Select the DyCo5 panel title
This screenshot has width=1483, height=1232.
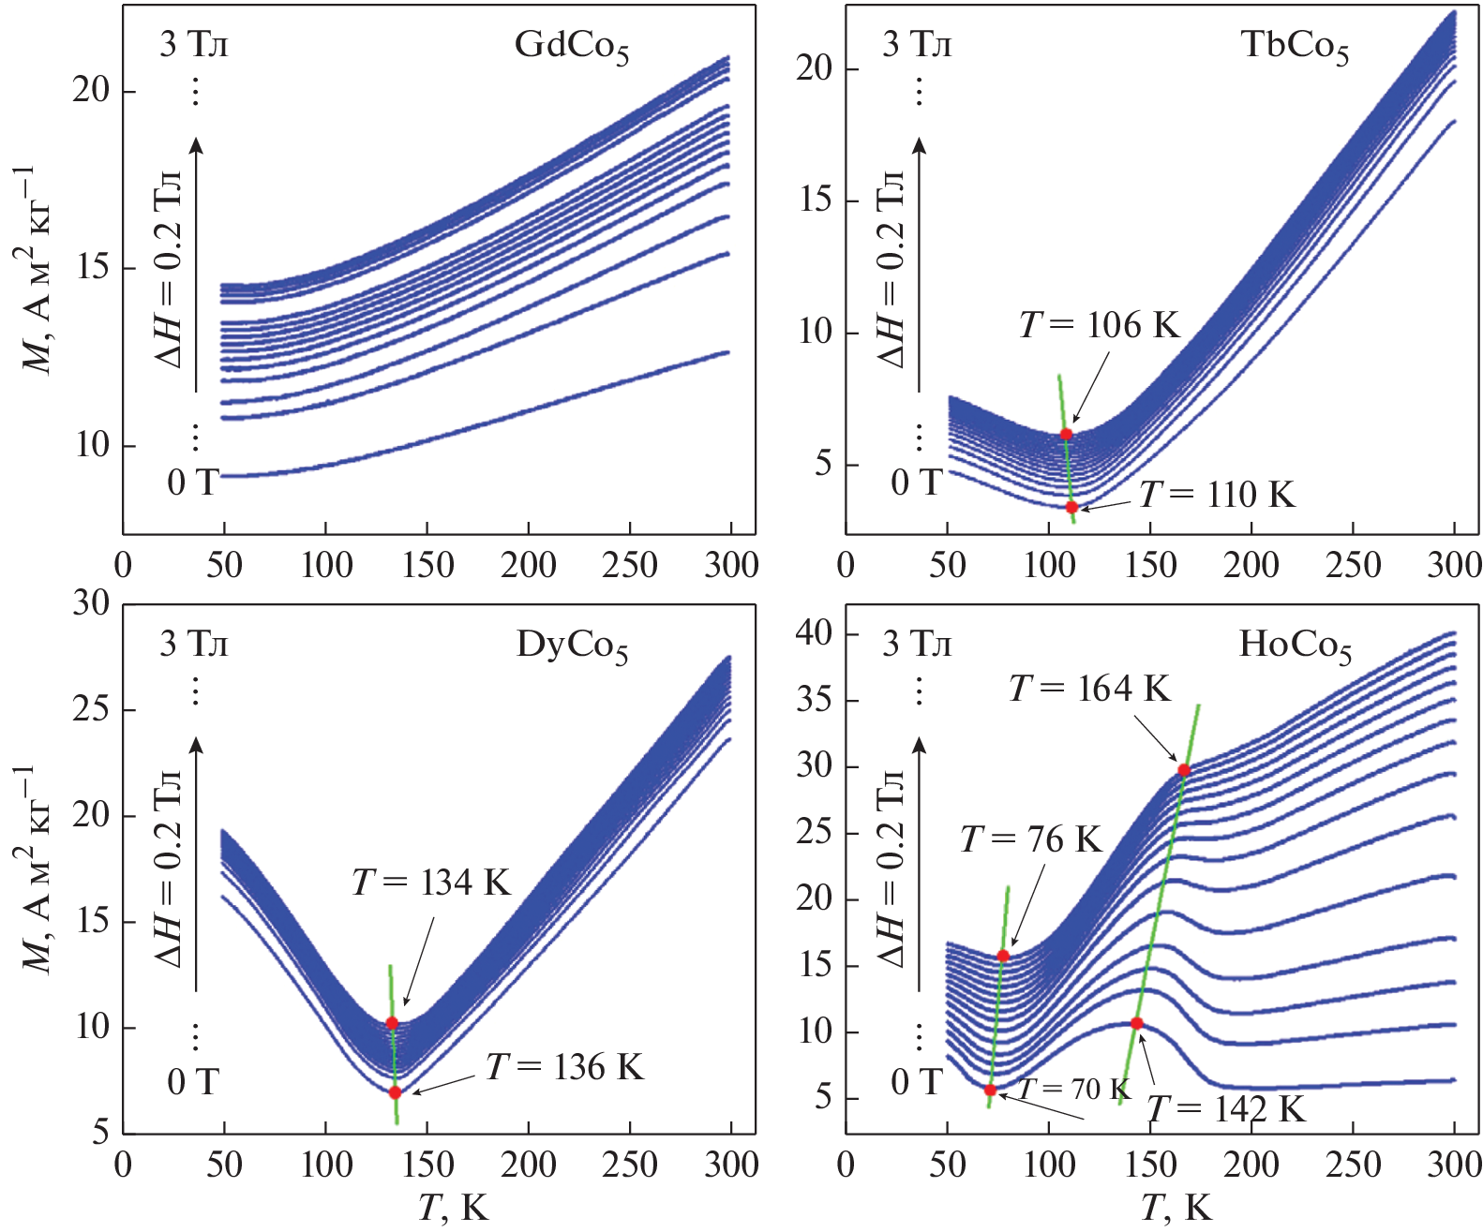pos(572,646)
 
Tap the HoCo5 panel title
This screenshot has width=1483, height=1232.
pos(1295,646)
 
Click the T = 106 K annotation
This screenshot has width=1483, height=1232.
pos(1099,326)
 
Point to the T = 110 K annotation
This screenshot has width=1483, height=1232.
pos(1217,495)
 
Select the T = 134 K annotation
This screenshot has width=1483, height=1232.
pos(431,883)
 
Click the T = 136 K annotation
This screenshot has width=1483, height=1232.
pos(564,1068)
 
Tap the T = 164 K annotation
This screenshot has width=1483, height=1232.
pos(1089,690)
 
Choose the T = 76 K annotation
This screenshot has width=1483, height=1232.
pos(1031,839)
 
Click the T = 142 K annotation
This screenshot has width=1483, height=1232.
pos(1225,1110)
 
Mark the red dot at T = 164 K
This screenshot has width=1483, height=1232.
pos(1184,770)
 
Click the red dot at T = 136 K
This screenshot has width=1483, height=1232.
pos(395,1092)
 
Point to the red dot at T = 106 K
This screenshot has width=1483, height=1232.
pos(1066,434)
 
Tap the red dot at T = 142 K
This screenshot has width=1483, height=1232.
pos(1137,1023)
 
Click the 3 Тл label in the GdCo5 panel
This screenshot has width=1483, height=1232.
pos(193,45)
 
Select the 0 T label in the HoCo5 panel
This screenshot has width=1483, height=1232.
pos(916,1083)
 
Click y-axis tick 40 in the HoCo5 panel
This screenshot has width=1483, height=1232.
pos(814,634)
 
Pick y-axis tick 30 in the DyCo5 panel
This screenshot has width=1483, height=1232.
pos(91,604)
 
